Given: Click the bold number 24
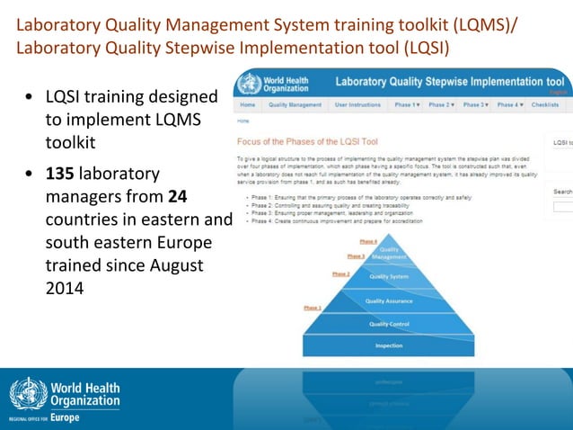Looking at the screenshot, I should [178, 195].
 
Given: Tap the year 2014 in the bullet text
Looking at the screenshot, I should [63, 290].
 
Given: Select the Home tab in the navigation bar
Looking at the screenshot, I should [247, 104].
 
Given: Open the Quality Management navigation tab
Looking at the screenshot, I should [295, 104].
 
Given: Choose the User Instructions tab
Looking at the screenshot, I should [357, 104].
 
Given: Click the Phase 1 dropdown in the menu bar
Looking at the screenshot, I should [407, 104].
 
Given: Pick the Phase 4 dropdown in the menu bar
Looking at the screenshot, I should [510, 104].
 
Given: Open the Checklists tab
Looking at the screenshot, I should [545, 104].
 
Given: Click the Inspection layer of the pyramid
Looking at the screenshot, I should [388, 345].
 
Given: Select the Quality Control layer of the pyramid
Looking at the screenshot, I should [388, 324].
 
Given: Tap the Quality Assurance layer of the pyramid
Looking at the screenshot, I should [388, 300].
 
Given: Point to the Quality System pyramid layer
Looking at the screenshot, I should [388, 276].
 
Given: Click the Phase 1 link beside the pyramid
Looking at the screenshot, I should [313, 309].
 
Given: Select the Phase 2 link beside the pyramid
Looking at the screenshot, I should [340, 273].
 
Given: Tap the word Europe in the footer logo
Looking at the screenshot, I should [65, 418].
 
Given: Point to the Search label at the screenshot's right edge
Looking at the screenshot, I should [563, 192].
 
